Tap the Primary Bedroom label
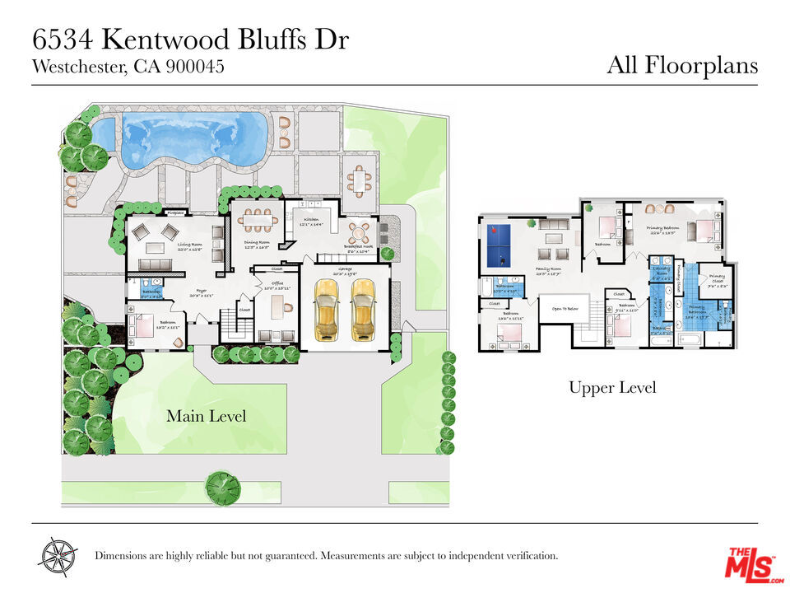(x=666, y=229)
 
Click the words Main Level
(x=206, y=416)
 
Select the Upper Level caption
(x=612, y=387)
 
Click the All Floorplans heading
(x=681, y=65)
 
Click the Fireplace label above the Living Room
(x=175, y=212)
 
